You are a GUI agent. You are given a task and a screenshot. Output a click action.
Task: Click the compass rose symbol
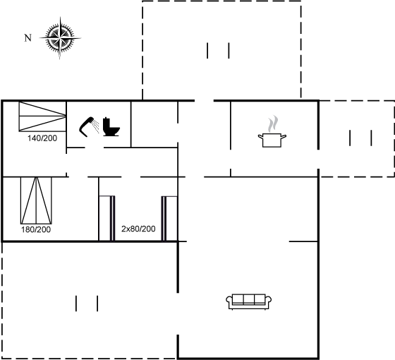point(60,38)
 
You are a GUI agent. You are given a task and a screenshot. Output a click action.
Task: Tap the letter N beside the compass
point(28,38)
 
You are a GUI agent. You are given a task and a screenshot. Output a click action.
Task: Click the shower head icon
point(89,127)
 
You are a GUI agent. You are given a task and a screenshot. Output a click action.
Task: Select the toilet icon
point(111,127)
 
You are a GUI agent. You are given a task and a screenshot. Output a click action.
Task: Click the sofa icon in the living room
point(248,302)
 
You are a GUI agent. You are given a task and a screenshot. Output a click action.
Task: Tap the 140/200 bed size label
point(42,138)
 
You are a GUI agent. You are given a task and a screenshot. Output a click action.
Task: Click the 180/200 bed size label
point(36,229)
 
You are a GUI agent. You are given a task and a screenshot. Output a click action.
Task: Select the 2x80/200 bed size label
point(138,229)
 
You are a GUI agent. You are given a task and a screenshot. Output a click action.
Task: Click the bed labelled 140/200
point(42,116)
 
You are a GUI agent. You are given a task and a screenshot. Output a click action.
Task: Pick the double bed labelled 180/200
point(36,200)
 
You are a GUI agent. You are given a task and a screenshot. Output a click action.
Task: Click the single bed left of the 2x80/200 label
point(107,218)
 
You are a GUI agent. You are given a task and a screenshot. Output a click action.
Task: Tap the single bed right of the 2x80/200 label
point(169,219)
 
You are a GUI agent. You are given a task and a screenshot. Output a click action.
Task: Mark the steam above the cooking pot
point(273,124)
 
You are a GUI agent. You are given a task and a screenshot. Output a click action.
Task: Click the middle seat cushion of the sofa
point(248,299)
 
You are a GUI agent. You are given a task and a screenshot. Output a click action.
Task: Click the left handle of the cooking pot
point(260,137)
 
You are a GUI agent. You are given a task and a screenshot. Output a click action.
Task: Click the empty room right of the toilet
point(154,124)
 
